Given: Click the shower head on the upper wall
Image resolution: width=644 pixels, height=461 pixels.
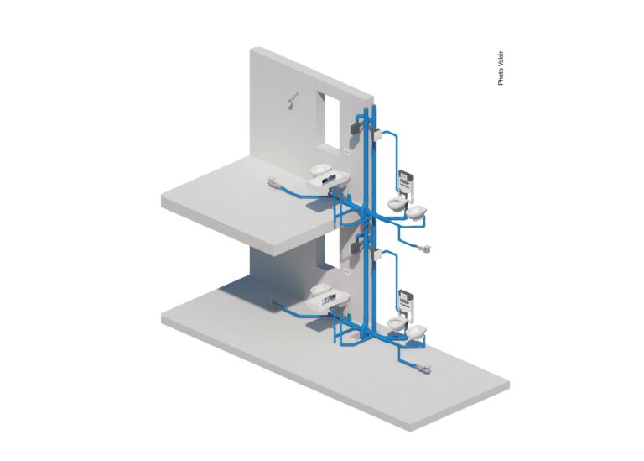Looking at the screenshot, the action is pyautogui.click(x=293, y=101).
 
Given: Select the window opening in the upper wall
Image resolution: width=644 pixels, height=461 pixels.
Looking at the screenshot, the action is pyautogui.click(x=328, y=120).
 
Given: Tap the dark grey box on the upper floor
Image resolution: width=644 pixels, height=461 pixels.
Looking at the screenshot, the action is pyautogui.click(x=355, y=128).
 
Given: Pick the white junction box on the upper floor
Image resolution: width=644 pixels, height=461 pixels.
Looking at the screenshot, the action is pyautogui.click(x=377, y=135).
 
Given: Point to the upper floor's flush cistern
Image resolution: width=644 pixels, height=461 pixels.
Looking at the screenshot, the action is pyautogui.click(x=405, y=181).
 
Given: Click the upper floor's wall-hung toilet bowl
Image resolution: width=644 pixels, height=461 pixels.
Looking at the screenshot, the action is pyautogui.click(x=397, y=203).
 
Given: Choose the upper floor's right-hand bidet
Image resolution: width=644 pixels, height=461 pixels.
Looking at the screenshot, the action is pyautogui.click(x=417, y=213).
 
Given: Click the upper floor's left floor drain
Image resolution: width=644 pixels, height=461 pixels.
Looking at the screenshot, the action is pyautogui.click(x=273, y=182).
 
